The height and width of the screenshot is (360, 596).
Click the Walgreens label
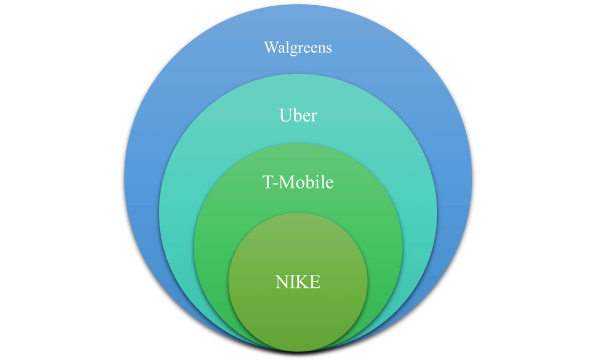(298, 48)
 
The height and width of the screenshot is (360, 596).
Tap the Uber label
(298, 115)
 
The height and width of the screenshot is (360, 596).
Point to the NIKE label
(298, 283)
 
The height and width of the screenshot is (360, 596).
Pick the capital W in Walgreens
(270, 47)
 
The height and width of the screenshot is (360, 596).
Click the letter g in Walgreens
(293, 49)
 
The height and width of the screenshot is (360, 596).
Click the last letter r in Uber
(314, 116)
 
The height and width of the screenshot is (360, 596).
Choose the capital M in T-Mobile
(284, 183)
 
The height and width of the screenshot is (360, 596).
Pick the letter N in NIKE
(282, 283)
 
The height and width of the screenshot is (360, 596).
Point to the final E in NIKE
(314, 283)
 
